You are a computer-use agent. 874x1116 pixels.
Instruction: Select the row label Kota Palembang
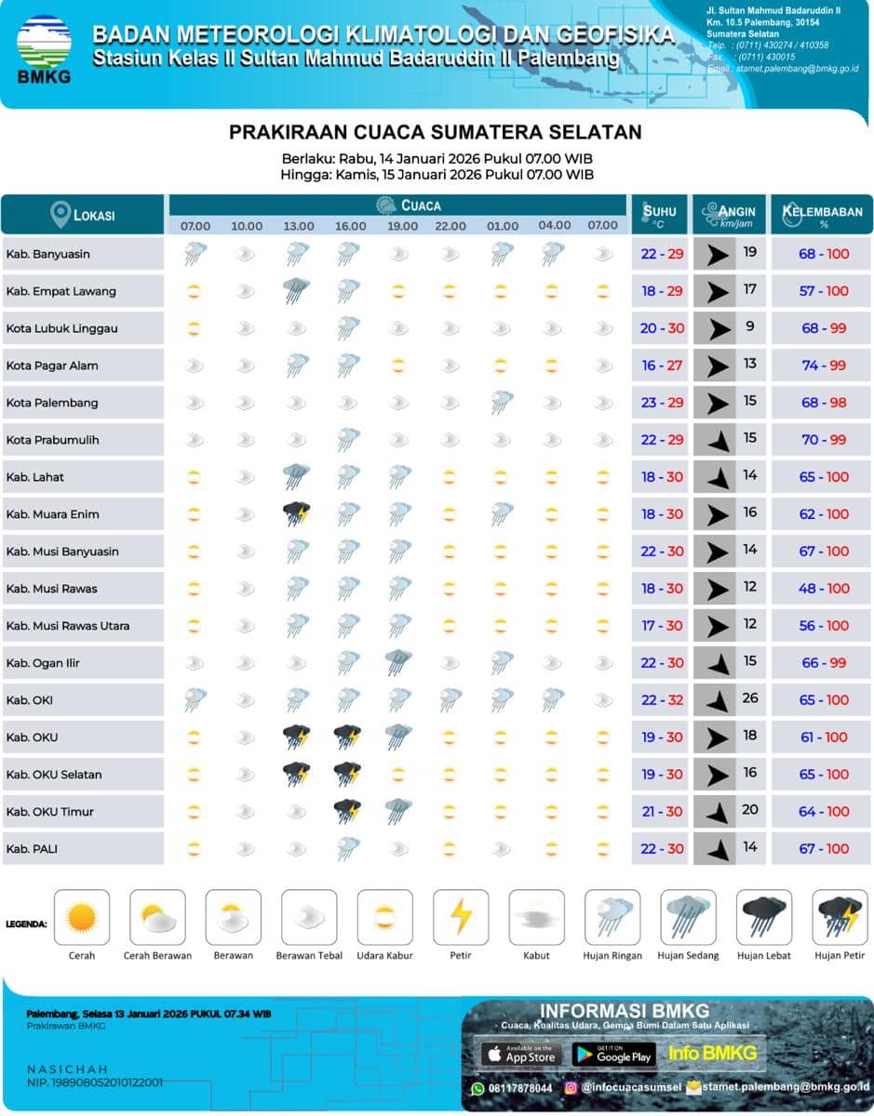point(52,403)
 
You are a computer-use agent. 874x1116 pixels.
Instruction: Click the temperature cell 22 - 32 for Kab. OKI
point(663,700)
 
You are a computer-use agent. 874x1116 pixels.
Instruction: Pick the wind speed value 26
point(750,698)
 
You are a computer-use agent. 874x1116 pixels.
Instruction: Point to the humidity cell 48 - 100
point(824,589)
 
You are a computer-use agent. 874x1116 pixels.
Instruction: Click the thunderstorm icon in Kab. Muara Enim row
point(297,513)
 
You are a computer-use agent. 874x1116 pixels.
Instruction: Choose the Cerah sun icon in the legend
point(82,917)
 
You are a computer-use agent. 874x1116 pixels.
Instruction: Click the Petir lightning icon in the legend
point(461,917)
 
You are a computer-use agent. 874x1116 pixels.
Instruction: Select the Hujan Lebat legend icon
point(764,917)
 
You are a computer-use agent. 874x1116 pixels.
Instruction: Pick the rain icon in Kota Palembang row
point(503,402)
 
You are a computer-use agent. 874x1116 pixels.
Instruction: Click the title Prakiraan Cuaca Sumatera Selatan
point(436,132)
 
